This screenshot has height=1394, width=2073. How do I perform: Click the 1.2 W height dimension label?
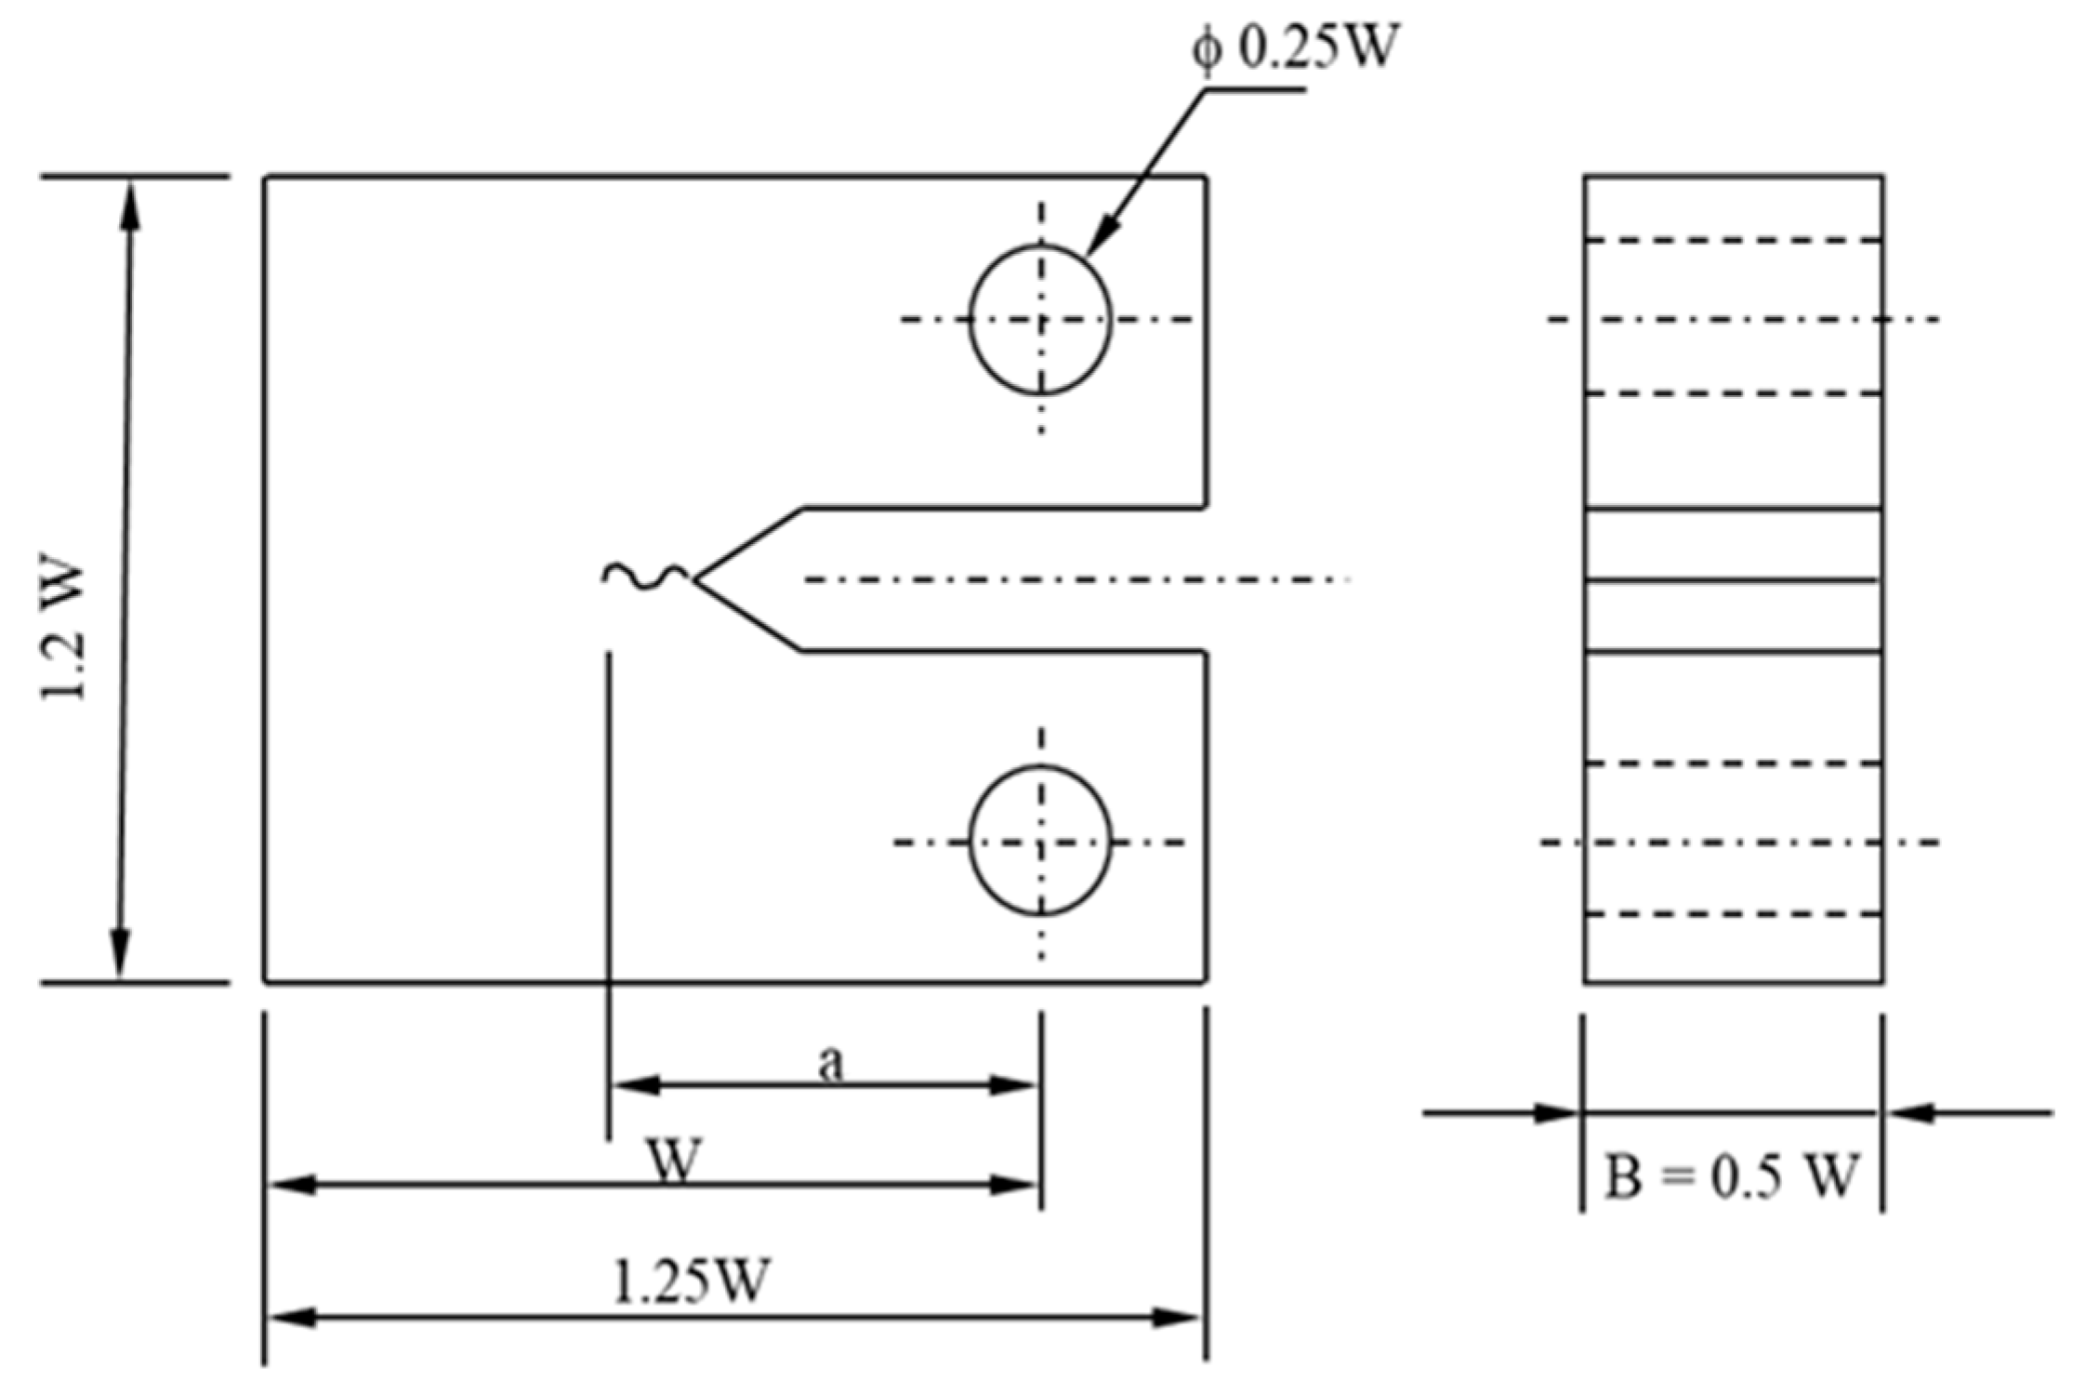pyautogui.click(x=65, y=631)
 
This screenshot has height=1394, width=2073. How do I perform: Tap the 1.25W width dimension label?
pyautogui.click(x=692, y=1281)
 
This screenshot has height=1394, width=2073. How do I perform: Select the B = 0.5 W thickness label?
pyautogui.click(x=1731, y=1175)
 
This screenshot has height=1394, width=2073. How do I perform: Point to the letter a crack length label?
pyautogui.click(x=830, y=1063)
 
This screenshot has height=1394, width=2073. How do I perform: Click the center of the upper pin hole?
pyautogui.click(x=1040, y=320)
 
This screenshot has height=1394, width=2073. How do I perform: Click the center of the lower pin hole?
pyautogui.click(x=1040, y=842)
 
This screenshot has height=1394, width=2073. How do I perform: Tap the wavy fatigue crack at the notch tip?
pyautogui.click(x=645, y=577)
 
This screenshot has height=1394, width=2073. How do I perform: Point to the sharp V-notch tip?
pyautogui.click(x=695, y=578)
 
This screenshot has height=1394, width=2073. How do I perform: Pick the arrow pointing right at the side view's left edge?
pyautogui.click(x=1556, y=1112)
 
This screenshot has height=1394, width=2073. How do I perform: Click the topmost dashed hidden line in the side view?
pyautogui.click(x=1733, y=241)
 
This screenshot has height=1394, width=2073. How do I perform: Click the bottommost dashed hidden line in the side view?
pyautogui.click(x=1733, y=915)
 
